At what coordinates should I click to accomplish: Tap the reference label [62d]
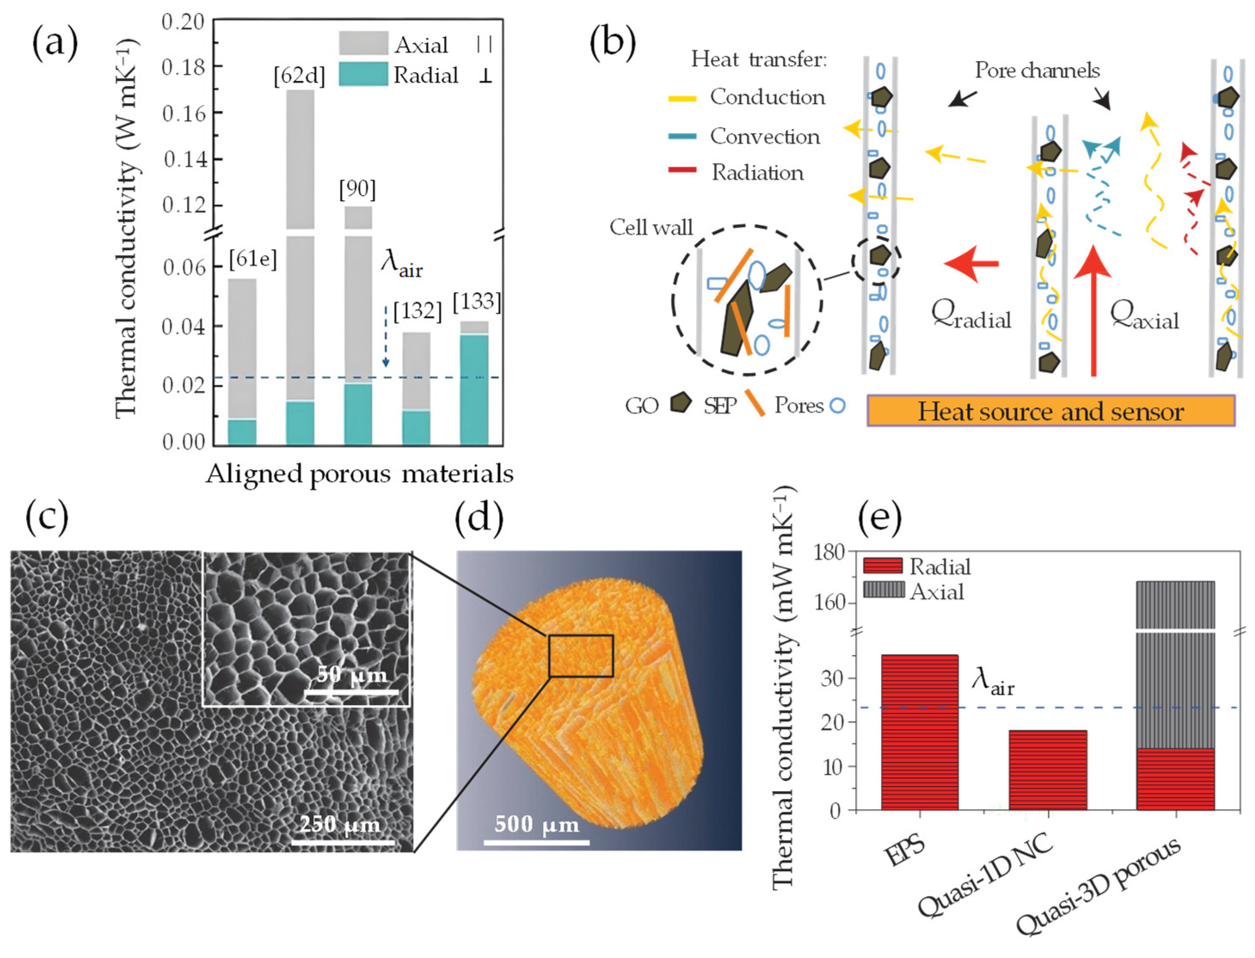pyautogui.click(x=299, y=75)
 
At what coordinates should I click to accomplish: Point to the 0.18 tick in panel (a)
pyautogui.click(x=182, y=67)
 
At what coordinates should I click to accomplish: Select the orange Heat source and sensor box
pyautogui.click(x=1050, y=411)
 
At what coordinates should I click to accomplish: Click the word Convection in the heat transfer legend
pyautogui.click(x=764, y=136)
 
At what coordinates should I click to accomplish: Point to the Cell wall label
pyautogui.click(x=651, y=227)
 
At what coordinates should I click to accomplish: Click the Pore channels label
pyautogui.click(x=1036, y=70)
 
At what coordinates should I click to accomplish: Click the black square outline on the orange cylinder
pyautogui.click(x=581, y=656)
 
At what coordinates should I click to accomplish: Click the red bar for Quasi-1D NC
pyautogui.click(x=1047, y=769)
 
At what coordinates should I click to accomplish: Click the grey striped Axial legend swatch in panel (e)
pyautogui.click(x=883, y=590)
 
